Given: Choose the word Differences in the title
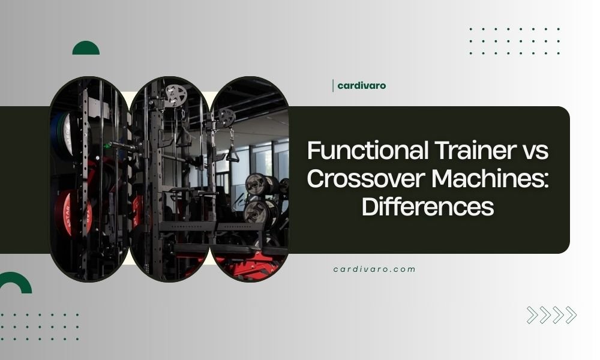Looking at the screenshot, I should pyautogui.click(x=428, y=207).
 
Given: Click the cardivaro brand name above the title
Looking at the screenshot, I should pyautogui.click(x=361, y=85).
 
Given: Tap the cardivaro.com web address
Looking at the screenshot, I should pyautogui.click(x=374, y=269).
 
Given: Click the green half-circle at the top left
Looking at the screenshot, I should pyautogui.click(x=86, y=49).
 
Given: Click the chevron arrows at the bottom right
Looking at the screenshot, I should pyautogui.click(x=551, y=315).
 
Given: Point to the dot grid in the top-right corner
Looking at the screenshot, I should pyautogui.click(x=515, y=41).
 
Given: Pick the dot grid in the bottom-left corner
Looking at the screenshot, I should pyautogui.click(x=40, y=326).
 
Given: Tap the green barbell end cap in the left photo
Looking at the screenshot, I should pyautogui.click(x=108, y=146).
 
